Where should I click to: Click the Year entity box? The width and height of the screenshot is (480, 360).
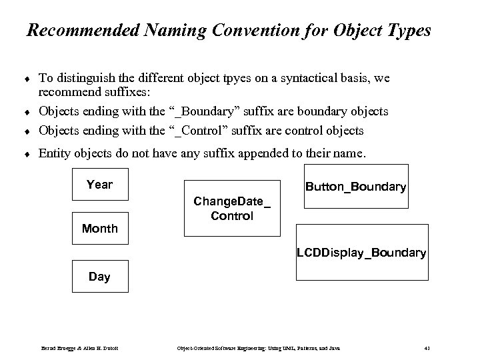99,185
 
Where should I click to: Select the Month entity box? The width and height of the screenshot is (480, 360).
99,229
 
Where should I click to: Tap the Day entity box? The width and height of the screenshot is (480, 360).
99,276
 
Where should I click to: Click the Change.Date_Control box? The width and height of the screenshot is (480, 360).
232,208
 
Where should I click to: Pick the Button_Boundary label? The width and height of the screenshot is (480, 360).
355,187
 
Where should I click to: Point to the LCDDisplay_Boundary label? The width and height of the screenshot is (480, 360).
361,253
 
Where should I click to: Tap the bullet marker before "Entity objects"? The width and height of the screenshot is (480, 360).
29,153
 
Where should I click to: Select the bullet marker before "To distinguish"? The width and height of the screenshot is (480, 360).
29,79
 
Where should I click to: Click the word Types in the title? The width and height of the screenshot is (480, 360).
409,31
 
